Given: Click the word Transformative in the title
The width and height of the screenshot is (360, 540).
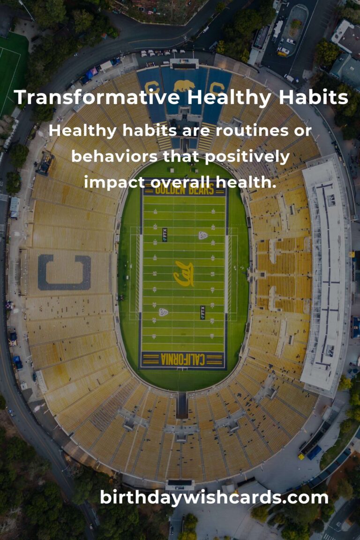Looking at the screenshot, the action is (x=97, y=97).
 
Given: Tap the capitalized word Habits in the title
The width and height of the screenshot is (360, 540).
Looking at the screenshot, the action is (x=313, y=97).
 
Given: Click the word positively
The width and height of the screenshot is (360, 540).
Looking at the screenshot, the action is (x=247, y=157).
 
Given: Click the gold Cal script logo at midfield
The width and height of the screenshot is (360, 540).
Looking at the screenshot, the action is (x=184, y=274).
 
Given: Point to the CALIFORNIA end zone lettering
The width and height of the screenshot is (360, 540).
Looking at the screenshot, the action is (x=183, y=359).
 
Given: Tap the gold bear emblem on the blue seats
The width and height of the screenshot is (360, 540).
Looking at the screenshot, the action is (x=184, y=86).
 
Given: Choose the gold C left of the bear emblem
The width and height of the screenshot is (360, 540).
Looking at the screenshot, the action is (x=151, y=88).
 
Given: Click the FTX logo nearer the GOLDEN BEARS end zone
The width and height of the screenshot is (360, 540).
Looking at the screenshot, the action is (x=165, y=235).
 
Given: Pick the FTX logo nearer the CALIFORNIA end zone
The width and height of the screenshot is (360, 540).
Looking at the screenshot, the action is (x=202, y=312).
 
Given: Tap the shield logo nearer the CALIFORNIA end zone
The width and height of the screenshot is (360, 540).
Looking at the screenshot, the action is (x=163, y=312).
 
